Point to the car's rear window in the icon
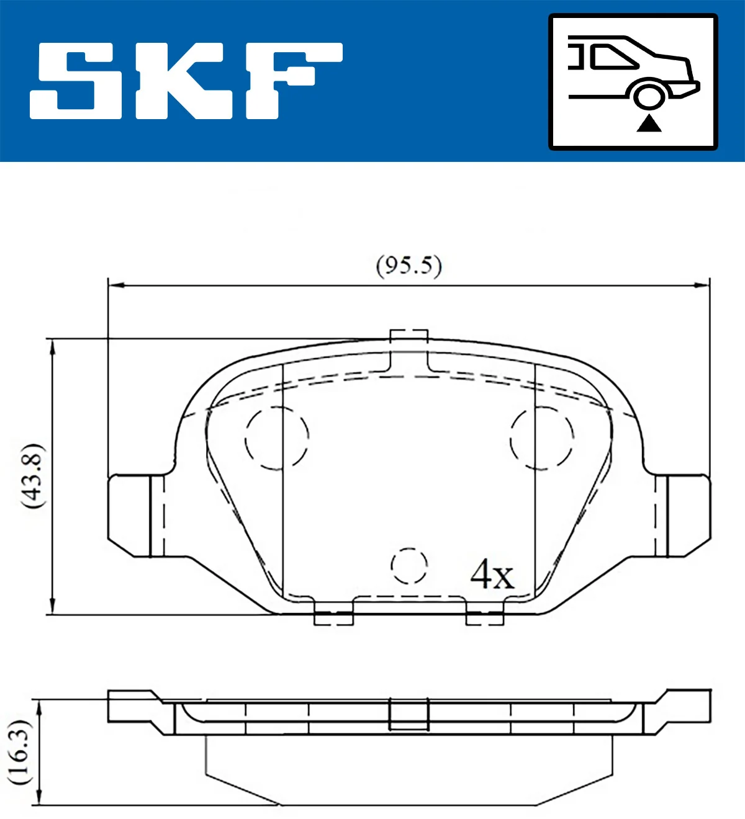pos(615,57)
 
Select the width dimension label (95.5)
pos(409,266)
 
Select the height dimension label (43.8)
pos(32,477)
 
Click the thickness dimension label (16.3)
pos(19,752)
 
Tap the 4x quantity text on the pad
pos(492,575)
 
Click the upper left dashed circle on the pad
pos(277,438)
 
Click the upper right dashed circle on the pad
pos(542,438)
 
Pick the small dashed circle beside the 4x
pos(409,566)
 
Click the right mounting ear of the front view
pos(683,515)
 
